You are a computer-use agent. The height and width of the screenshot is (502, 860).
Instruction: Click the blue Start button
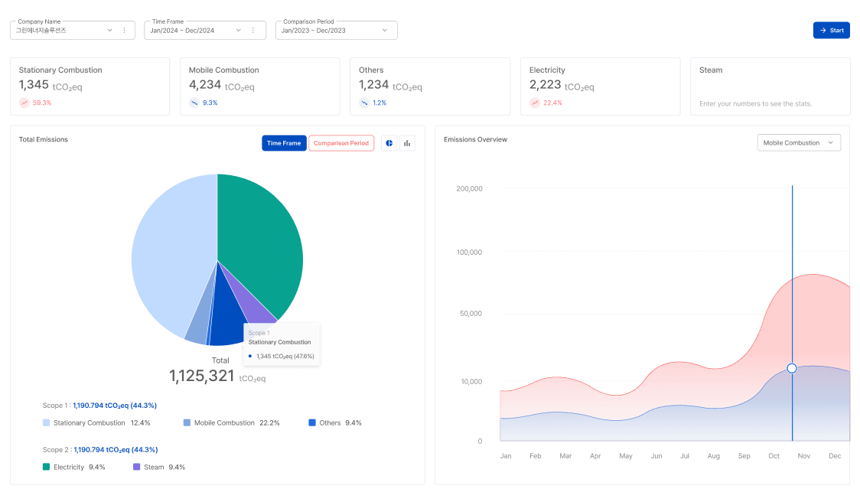pyautogui.click(x=831, y=30)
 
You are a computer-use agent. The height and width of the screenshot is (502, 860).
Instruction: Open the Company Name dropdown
pyautogui.click(x=109, y=30)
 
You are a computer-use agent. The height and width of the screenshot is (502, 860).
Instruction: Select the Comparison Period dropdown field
pyautogui.click(x=336, y=30)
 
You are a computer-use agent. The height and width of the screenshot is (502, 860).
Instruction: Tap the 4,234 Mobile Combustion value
pyautogui.click(x=204, y=85)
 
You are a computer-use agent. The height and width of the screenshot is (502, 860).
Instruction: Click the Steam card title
pyautogui.click(x=711, y=70)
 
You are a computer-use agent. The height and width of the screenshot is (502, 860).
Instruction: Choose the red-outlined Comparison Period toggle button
pyautogui.click(x=341, y=143)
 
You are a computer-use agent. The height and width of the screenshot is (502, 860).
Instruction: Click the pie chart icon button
pyautogui.click(x=389, y=143)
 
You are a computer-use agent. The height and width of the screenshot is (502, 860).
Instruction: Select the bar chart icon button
pyautogui.click(x=407, y=143)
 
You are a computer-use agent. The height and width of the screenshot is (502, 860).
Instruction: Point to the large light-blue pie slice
pyautogui.click(x=168, y=253)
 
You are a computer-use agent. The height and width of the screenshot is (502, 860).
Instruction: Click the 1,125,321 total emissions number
pyautogui.click(x=202, y=376)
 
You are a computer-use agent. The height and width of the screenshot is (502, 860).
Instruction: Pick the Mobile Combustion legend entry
pyautogui.click(x=230, y=422)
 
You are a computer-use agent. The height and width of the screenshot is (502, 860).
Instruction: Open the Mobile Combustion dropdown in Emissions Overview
pyautogui.click(x=798, y=143)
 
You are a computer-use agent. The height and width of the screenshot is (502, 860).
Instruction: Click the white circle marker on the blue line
pyautogui.click(x=792, y=368)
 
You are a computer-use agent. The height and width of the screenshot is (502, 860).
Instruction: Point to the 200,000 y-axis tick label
pyautogui.click(x=468, y=188)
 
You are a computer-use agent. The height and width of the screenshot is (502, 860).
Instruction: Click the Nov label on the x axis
pyautogui.click(x=803, y=456)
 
